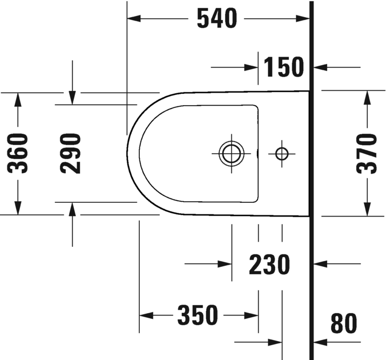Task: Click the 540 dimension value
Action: click(x=216, y=19)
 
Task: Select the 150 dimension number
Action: click(x=284, y=67)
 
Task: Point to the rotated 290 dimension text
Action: click(x=71, y=153)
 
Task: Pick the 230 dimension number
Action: click(x=270, y=265)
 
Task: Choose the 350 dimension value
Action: click(x=198, y=315)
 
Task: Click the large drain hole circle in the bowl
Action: click(x=232, y=153)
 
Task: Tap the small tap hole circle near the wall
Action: click(x=282, y=153)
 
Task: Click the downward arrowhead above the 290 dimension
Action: click(x=72, y=98)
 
